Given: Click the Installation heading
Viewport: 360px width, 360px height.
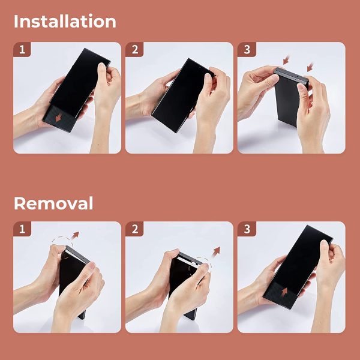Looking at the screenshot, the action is pos(65,21).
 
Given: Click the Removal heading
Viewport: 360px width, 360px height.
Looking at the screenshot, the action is pos(53,203).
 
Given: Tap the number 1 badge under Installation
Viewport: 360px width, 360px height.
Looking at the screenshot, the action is pos(22,50).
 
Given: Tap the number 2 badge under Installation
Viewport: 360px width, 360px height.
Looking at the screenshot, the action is pos(135,50).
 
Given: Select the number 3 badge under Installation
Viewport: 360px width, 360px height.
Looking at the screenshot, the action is pos(247,50).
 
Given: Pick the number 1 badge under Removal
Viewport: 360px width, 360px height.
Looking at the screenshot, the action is pos(22,229).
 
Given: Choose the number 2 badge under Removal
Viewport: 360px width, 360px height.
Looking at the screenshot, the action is pos(135,229).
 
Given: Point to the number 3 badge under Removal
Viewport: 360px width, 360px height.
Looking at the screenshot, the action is pos(247,229).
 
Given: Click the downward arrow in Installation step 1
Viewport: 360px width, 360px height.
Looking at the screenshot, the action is pos(58,118).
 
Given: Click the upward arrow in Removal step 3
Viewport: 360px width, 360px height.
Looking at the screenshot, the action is pos(284,292).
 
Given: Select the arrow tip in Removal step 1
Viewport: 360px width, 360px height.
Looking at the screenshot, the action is pos(79,232).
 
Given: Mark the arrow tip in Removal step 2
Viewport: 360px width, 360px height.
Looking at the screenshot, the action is pos(220,247).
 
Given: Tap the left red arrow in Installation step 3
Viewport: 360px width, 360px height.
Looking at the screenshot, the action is pos(286,60).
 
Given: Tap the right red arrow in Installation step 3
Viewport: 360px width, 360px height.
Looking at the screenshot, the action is pos(310,67).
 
